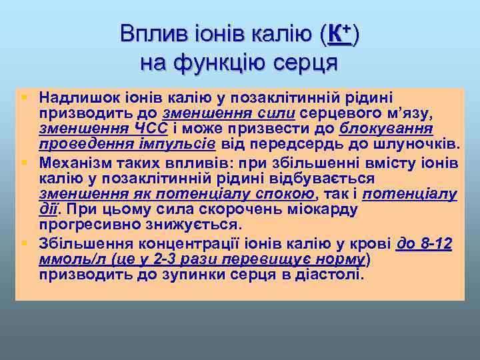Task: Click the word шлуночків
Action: click(437, 143)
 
